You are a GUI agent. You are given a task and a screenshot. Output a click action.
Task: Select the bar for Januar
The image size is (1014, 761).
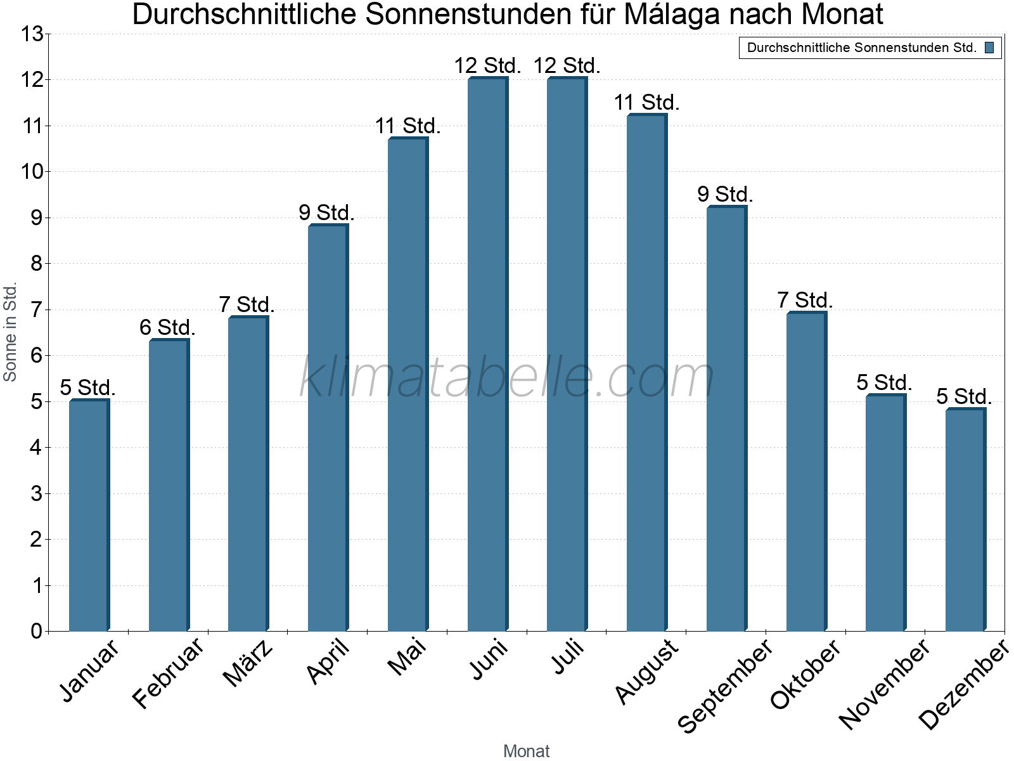(89, 515)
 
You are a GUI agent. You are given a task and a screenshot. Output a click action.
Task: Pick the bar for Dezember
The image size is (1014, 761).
(965, 520)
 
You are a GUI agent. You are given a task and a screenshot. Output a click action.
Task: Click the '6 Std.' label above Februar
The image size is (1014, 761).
(167, 328)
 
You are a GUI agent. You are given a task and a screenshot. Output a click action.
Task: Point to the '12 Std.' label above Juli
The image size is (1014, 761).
(567, 65)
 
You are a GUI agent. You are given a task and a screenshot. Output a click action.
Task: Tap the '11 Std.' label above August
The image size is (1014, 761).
(646, 102)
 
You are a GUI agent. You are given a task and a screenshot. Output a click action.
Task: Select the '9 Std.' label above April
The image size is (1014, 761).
(326, 212)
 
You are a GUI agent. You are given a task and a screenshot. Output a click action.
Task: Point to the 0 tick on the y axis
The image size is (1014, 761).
(36, 631)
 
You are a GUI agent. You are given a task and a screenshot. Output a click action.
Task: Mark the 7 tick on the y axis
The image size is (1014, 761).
(36, 310)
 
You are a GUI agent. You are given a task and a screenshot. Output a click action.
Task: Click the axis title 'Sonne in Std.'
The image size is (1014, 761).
(10, 332)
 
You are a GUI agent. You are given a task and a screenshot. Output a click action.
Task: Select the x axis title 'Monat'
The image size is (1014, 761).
(526, 751)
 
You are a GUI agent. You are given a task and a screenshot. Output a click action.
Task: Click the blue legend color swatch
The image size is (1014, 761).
(989, 48)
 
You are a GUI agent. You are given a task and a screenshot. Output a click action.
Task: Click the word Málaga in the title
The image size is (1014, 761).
(672, 15)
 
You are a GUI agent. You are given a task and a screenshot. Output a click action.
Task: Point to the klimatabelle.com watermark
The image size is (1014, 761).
(507, 378)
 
